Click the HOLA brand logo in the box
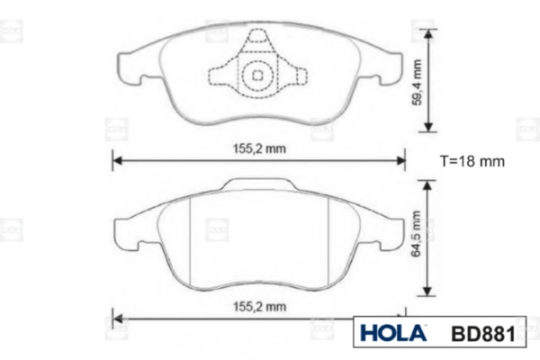click(393, 333)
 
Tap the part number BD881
click(483, 334)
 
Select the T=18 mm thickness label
click(472, 161)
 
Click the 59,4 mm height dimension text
click(417, 82)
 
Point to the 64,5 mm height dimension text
click(417, 233)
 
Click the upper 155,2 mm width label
click(259, 148)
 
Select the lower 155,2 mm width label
click(260, 307)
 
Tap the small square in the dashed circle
click(257, 75)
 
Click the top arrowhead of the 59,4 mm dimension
click(428, 34)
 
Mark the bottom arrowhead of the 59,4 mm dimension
click(428, 127)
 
